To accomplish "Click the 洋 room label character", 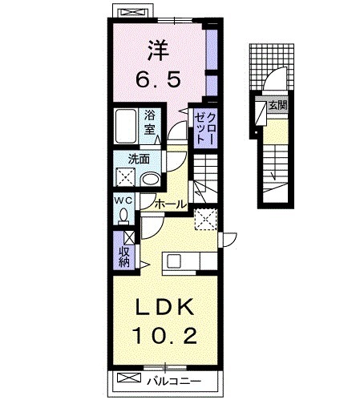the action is (159, 50).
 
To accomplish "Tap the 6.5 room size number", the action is (158, 79).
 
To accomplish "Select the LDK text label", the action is (165, 307).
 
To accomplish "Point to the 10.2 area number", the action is (165, 336).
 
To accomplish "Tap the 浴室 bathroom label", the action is (150, 123).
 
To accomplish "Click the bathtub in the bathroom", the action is (125, 126).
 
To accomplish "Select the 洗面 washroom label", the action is (139, 160).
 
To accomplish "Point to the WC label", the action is (123, 200).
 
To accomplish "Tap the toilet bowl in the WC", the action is (123, 216).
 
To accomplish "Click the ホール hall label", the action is (170, 204).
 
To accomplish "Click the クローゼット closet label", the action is (205, 128).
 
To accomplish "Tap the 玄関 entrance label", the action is (278, 105).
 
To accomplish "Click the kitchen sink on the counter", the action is (174, 261).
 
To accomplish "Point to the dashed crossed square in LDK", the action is (206, 220).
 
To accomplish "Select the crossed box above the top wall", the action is (133, 12).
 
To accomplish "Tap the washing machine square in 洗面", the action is (125, 177).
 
